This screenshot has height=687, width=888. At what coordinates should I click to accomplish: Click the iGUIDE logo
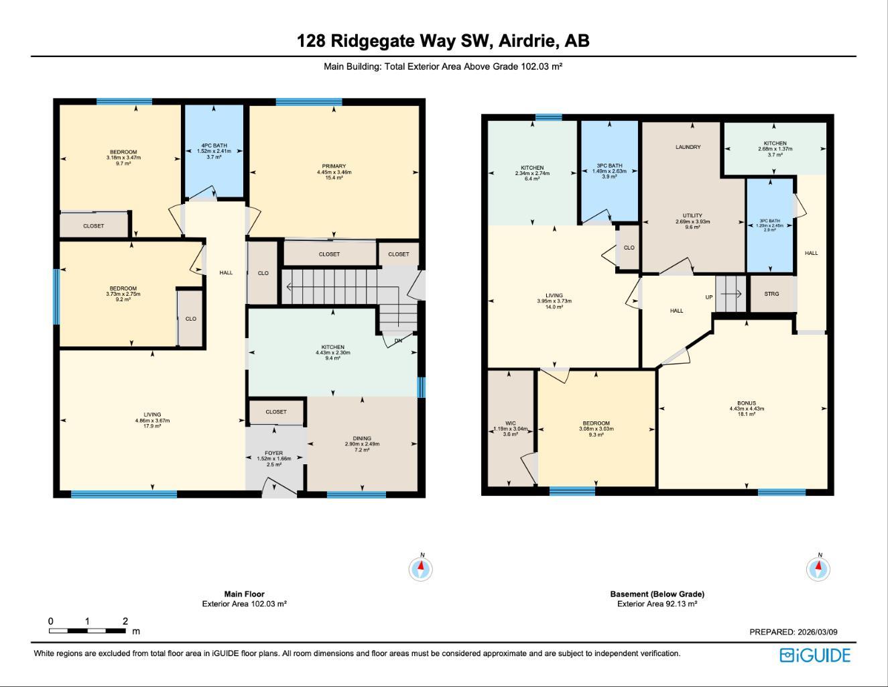pos(815,655)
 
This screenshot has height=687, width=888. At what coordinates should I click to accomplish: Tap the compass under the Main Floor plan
pos(421,569)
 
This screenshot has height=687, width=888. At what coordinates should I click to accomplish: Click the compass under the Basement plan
pos(818,569)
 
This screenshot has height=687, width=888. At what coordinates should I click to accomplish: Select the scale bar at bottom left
pos(87,631)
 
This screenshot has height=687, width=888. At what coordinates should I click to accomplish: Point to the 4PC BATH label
pos(214,146)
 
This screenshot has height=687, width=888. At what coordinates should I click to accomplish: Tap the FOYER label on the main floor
pos(273,453)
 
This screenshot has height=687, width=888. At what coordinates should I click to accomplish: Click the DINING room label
pos(362,439)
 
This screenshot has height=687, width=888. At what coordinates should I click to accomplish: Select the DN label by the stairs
pos(398,341)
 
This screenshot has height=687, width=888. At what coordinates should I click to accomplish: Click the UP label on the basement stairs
pos(708,297)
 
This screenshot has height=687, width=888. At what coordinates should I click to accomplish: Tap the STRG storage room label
pos(771,294)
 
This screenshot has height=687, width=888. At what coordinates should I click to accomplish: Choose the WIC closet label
pos(511,423)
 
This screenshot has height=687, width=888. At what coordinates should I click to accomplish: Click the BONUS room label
pos(747,403)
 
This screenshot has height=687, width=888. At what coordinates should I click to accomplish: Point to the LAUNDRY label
pos(688,147)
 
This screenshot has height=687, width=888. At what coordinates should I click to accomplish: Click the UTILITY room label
pos(692,215)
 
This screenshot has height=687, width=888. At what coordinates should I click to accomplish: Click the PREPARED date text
pos(793,632)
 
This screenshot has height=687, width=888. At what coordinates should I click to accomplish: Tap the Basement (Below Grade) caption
pos(657,594)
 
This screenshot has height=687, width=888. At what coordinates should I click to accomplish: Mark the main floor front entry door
pos(278,488)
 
